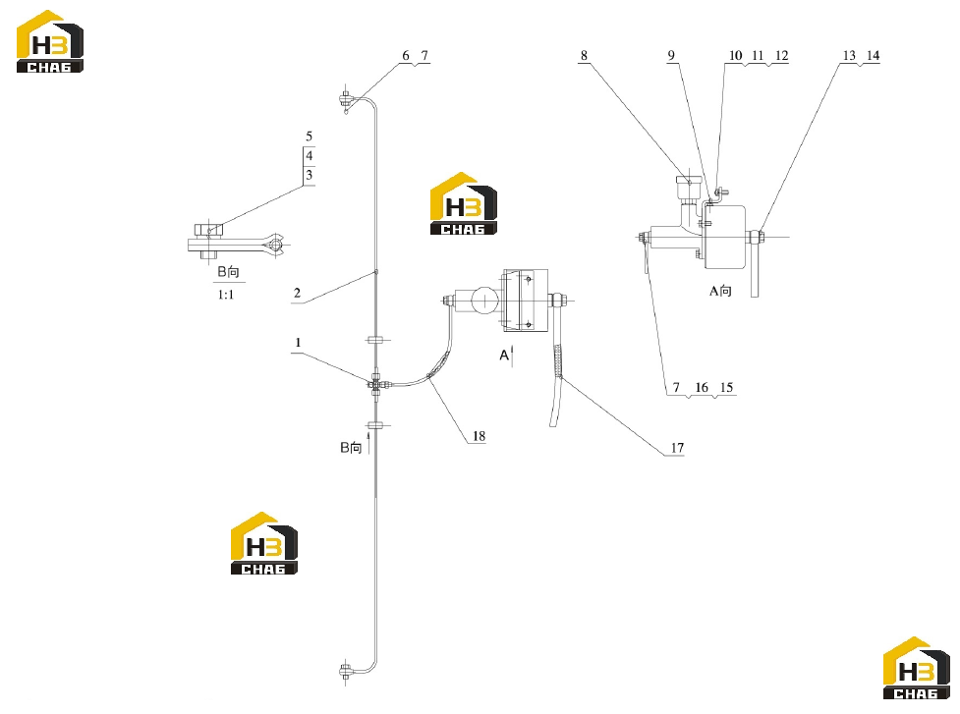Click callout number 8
pos(584,56)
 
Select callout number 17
pos(677,448)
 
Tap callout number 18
pos(479,436)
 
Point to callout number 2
pos(297,293)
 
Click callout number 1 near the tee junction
pos(298,343)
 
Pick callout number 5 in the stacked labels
pos(310,137)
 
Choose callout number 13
pos(849,56)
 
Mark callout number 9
pos(671,56)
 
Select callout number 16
pos(702,387)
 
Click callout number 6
pos(405,56)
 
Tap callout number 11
pos(758,56)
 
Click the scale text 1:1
pos(226,295)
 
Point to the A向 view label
pos(720,291)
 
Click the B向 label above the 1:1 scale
pos(228,272)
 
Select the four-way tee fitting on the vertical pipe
pos(376,384)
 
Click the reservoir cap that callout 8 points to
pos(688,181)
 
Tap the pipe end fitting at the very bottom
pos(346,672)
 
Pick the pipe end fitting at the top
pos(346,99)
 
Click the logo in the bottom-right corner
pos(917,668)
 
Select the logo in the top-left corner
pos(49,41)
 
